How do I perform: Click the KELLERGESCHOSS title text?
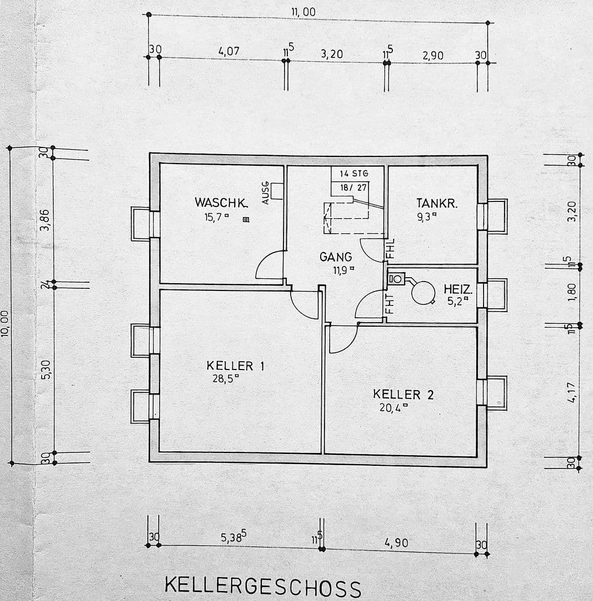[x=263, y=587]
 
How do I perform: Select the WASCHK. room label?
[x=221, y=203]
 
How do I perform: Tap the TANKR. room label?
[x=437, y=204]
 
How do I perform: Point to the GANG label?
[x=335, y=257]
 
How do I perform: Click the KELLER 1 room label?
[x=235, y=366]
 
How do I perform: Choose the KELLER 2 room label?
[x=403, y=395]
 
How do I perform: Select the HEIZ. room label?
[x=458, y=289]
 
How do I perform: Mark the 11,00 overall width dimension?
[x=303, y=12]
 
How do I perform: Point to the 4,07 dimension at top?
[x=229, y=51]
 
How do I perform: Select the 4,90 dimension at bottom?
[x=396, y=543]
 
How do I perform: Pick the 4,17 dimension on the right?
[x=572, y=392]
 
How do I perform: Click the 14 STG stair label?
[x=354, y=174]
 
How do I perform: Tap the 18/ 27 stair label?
[x=353, y=188]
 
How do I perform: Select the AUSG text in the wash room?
[x=266, y=193]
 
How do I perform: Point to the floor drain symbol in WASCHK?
[x=246, y=220]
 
